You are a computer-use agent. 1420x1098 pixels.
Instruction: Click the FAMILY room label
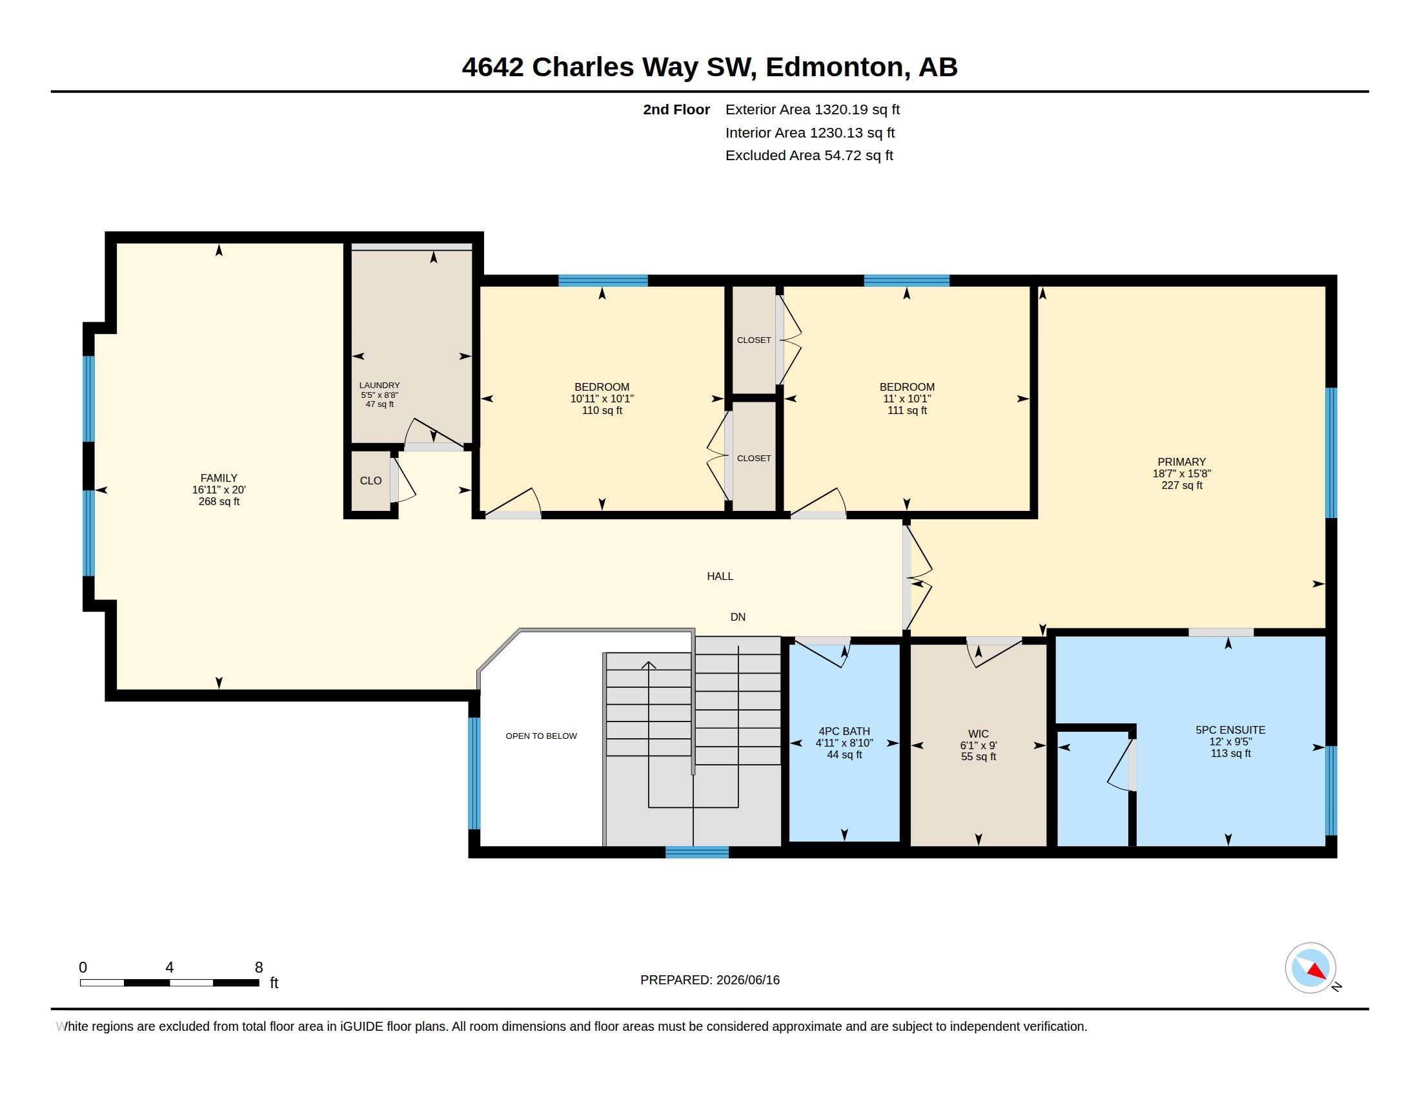pos(218,477)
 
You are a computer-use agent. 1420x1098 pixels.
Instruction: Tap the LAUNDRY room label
pos(380,385)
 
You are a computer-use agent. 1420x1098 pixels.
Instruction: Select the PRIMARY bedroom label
pos(1181,462)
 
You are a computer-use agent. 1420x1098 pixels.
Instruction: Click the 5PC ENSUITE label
pos(1230,730)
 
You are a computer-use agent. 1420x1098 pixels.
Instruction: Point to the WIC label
pos(979,734)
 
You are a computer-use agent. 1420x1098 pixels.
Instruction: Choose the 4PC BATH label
pos(844,731)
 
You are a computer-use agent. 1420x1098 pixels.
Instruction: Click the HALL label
pos(720,576)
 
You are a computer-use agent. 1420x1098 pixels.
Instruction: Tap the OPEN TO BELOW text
pos(541,736)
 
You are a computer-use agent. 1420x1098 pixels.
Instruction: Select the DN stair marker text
pos(737,617)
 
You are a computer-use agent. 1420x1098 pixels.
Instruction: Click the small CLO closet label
pos(370,481)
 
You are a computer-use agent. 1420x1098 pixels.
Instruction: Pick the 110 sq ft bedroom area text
pos(602,410)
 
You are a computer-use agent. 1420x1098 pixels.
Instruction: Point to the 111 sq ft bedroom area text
pos(907,410)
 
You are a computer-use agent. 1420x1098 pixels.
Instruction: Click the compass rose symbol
pos(1310,968)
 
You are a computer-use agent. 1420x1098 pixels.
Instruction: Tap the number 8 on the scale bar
pos(259,968)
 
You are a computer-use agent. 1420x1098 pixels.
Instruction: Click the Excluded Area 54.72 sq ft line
pos(809,156)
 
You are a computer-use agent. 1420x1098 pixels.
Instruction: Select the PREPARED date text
pos(710,980)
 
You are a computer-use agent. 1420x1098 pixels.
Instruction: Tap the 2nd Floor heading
pos(676,109)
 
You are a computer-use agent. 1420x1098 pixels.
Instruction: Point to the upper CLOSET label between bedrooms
pos(753,340)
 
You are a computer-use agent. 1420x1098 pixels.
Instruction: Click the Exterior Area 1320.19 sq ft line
pos(812,109)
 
